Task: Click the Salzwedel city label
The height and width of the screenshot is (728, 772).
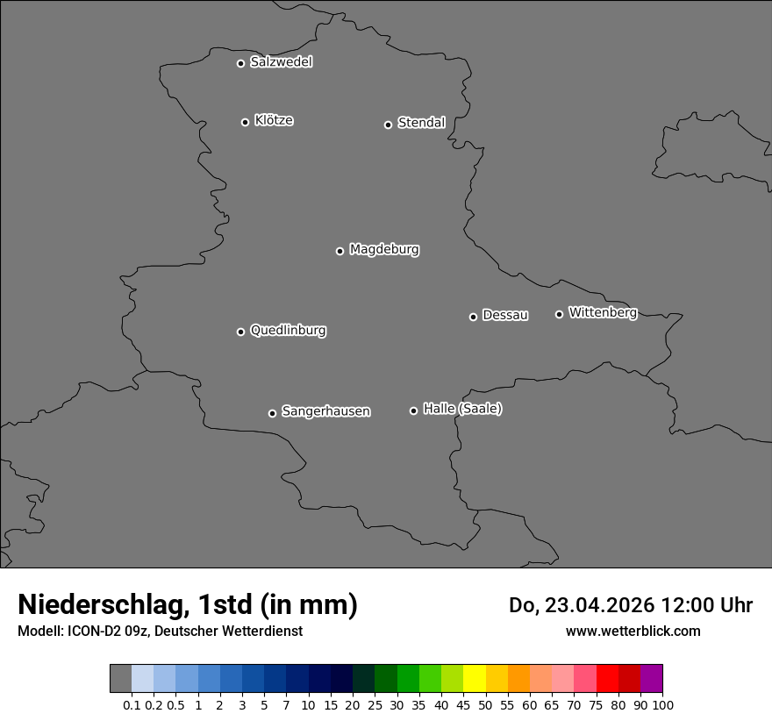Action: [x=281, y=62]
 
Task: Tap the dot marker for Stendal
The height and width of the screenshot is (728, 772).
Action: [x=388, y=125]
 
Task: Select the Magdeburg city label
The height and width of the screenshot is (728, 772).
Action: [x=384, y=250]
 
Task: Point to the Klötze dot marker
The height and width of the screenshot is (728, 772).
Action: [x=245, y=122]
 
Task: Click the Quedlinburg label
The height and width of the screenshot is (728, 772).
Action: [x=288, y=331]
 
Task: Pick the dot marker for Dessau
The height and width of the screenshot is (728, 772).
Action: [x=473, y=317]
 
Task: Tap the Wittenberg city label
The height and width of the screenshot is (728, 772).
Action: [x=603, y=312]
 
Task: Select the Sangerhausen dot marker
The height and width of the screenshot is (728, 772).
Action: [x=272, y=413]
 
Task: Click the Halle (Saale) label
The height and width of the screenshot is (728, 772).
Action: [x=462, y=409]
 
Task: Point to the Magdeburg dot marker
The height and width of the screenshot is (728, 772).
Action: [x=340, y=251]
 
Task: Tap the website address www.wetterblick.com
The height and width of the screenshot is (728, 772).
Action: [x=633, y=631]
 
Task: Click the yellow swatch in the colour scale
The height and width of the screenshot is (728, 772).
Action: [x=475, y=679]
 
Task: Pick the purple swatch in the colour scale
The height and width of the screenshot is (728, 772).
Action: [x=652, y=679]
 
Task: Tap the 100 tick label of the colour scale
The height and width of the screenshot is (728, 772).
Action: [x=662, y=705]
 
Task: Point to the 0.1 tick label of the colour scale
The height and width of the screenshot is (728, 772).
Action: [x=132, y=705]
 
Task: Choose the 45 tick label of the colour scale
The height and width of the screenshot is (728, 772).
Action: [x=463, y=705]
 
